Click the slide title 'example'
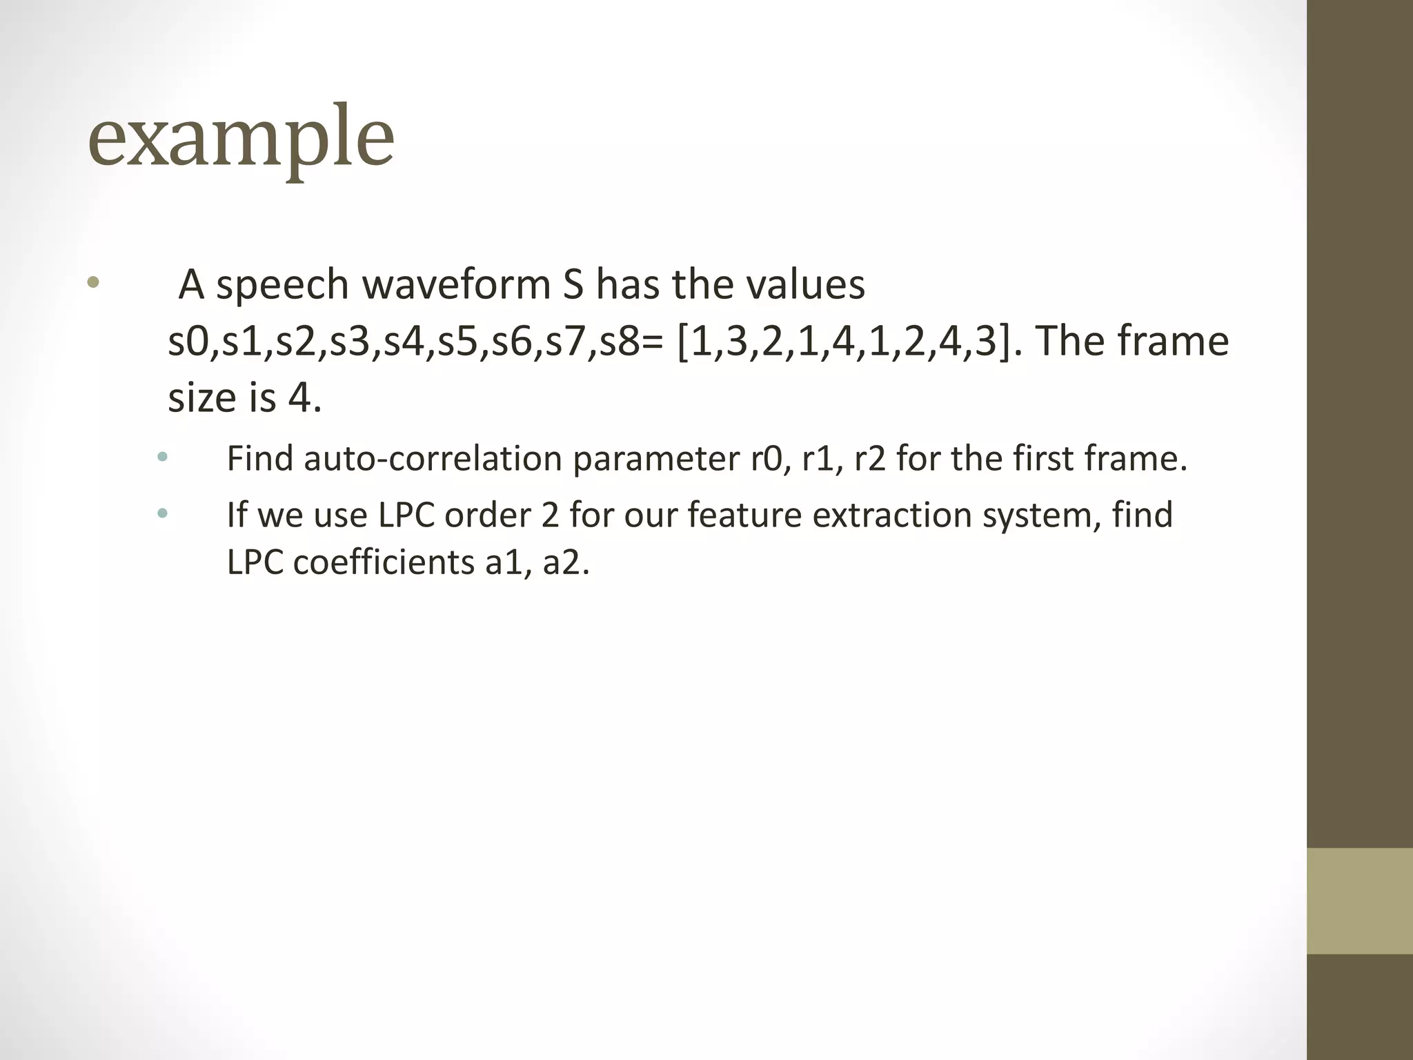tap(241, 138)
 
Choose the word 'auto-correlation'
tap(433, 458)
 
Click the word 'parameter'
tap(655, 460)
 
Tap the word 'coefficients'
tap(384, 563)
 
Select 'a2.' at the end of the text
tap(566, 563)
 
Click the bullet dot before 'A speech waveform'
tap(94, 283)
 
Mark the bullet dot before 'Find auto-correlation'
tap(162, 456)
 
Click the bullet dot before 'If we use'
tap(162, 513)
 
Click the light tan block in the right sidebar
tap(1359, 901)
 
